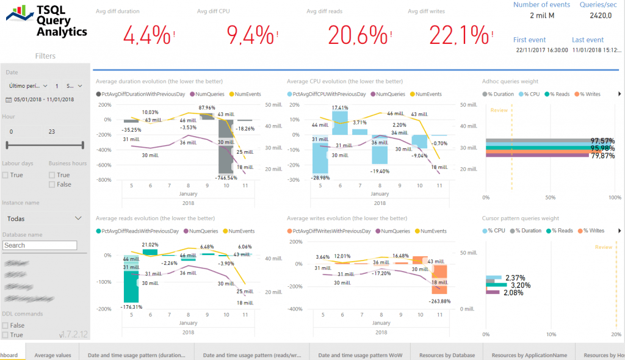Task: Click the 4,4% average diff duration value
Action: (146, 36)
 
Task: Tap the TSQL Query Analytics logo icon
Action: (20, 13)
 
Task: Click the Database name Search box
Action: (40, 245)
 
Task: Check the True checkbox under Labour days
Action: (5, 175)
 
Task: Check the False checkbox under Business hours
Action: (52, 184)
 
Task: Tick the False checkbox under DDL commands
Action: (5, 325)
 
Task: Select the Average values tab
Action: (52, 355)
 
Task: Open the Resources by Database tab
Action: (447, 355)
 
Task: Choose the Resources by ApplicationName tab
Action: (529, 355)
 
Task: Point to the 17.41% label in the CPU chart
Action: (340, 108)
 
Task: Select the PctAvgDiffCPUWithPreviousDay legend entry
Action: (329, 95)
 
